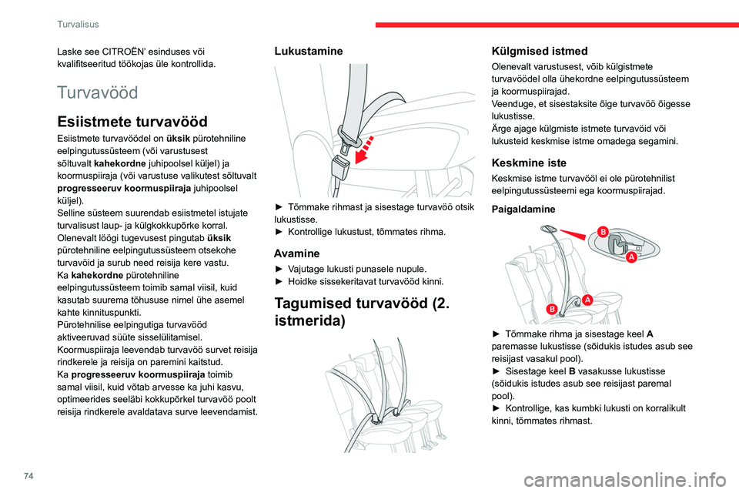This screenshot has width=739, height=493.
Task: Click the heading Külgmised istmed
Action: click(539, 51)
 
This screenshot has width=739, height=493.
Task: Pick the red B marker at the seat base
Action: click(550, 309)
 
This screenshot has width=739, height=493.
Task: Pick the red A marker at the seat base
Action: click(587, 298)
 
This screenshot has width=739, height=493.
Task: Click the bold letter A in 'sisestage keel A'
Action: click(650, 334)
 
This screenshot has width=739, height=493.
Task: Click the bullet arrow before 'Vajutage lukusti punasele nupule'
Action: click(279, 269)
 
